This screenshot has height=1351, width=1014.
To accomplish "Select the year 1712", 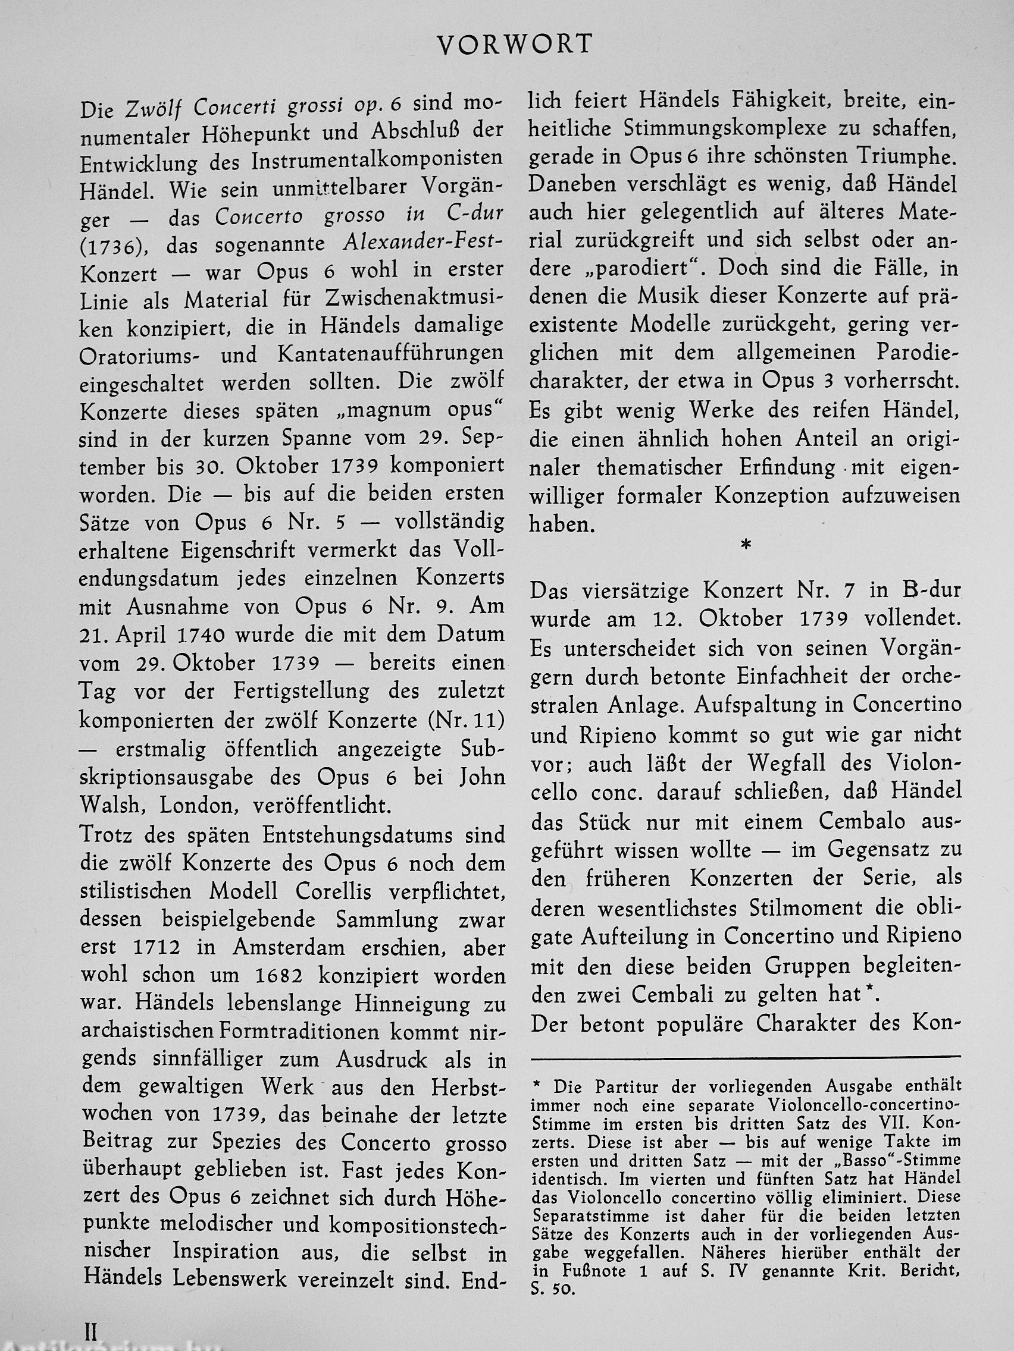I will tap(151, 947).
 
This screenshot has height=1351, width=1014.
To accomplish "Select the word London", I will tap(198, 806).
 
